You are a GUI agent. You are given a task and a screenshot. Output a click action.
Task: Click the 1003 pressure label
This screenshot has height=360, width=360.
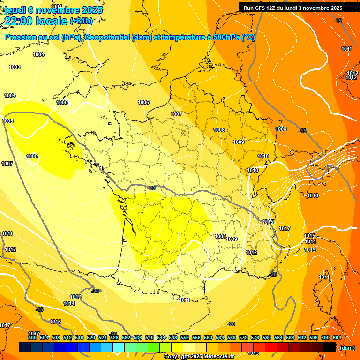click(x=15, y=67)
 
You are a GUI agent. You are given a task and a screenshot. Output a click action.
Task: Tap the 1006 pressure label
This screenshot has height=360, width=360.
click(x=143, y=102)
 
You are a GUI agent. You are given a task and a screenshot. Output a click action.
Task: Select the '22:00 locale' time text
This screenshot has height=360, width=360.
click(x=36, y=21)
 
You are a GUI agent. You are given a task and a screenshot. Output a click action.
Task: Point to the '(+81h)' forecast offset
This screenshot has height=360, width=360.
click(x=81, y=21)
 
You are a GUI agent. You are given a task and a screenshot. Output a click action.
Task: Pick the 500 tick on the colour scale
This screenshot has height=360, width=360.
click(x=32, y=337)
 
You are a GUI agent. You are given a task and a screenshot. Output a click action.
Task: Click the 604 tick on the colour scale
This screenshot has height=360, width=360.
click(x=337, y=337)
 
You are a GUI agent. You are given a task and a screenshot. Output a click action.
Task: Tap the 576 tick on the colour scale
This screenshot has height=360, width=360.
click(x=255, y=337)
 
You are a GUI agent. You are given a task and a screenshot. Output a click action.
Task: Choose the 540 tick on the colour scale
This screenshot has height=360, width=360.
click(x=150, y=337)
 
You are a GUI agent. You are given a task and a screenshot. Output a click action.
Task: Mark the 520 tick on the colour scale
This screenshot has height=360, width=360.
click(x=91, y=337)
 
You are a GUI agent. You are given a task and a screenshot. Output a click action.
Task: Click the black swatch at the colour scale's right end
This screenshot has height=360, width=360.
click(x=330, y=347)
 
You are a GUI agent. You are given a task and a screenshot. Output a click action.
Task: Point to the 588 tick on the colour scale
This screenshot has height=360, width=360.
click(x=290, y=337)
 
